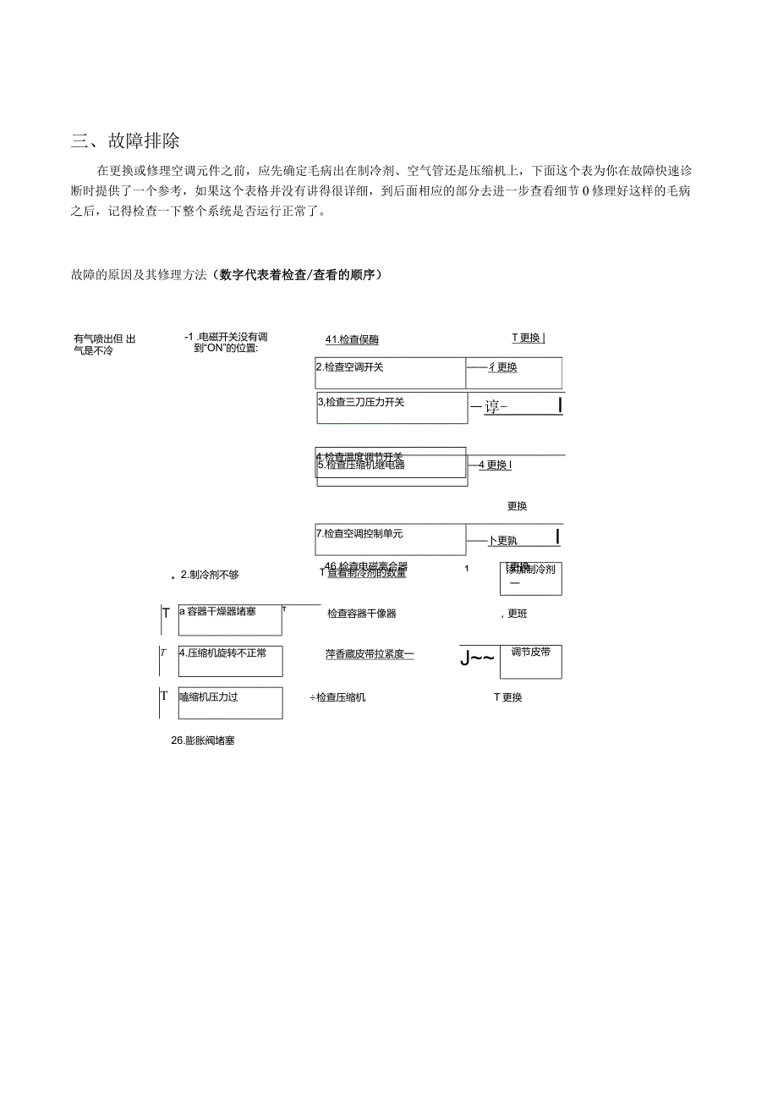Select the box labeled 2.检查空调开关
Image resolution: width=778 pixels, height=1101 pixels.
click(x=390, y=372)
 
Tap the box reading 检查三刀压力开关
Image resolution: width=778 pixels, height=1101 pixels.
click(x=392, y=407)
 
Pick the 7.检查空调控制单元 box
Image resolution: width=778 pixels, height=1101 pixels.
click(x=390, y=539)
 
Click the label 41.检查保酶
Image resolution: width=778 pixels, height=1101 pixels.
click(x=352, y=339)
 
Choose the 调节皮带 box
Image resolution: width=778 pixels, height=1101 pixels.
click(x=530, y=661)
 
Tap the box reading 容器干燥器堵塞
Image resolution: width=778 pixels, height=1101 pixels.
click(x=230, y=619)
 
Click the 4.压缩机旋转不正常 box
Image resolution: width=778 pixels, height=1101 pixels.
click(x=230, y=661)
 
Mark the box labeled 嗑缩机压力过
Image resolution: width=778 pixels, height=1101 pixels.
click(x=230, y=702)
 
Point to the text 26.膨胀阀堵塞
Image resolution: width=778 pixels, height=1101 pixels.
click(x=203, y=740)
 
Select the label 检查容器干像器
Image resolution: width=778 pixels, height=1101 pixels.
click(x=361, y=614)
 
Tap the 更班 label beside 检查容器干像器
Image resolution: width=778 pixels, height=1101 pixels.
click(x=517, y=614)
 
